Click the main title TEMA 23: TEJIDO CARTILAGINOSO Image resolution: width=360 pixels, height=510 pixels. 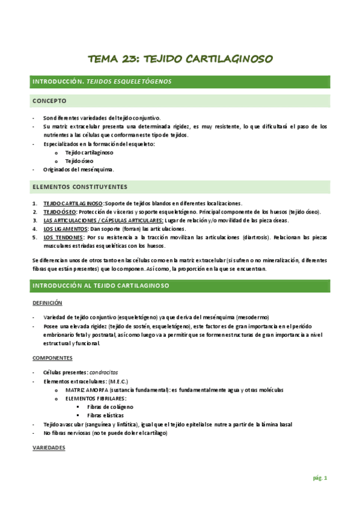click(180, 59)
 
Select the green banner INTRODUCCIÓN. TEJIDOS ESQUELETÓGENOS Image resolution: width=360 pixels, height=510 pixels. click(102, 81)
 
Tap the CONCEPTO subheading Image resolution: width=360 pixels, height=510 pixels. click(49, 100)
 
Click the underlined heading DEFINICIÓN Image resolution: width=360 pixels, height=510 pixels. click(47, 303)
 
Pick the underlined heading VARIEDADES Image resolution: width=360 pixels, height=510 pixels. click(49, 449)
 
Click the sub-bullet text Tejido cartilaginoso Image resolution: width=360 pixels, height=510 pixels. click(90, 153)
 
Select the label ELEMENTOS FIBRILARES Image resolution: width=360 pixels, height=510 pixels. click(96, 399)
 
